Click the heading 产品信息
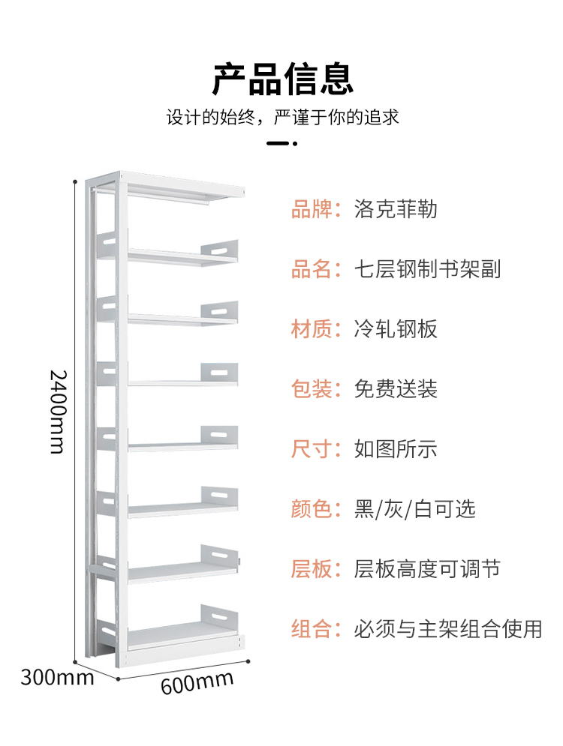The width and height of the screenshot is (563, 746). click(282, 79)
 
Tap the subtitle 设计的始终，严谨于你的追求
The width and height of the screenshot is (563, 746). click(282, 117)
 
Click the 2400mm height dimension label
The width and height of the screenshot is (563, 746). click(58, 412)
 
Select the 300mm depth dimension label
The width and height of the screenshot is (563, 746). click(57, 677)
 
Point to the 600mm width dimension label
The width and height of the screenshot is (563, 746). click(197, 682)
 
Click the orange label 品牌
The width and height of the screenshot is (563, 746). click(311, 209)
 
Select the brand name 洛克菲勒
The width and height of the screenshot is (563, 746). click(396, 209)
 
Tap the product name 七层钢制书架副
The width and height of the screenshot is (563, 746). click(427, 269)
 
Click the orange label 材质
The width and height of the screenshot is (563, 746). click(311, 329)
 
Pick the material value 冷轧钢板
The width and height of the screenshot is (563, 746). click(396, 329)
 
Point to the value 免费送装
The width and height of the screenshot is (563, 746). click(396, 389)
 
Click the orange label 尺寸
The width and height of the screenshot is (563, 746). click(311, 449)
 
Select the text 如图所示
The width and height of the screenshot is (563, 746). click(396, 449)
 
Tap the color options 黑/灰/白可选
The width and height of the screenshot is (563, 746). click(415, 509)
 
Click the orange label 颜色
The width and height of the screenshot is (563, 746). click(311, 509)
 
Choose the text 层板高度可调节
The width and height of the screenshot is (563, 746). click(427, 569)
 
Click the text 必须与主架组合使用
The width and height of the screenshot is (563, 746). click(448, 629)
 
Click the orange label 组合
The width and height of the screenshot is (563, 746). click(311, 629)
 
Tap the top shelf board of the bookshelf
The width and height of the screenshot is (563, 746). click(182, 185)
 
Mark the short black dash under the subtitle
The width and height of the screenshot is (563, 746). click(278, 143)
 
